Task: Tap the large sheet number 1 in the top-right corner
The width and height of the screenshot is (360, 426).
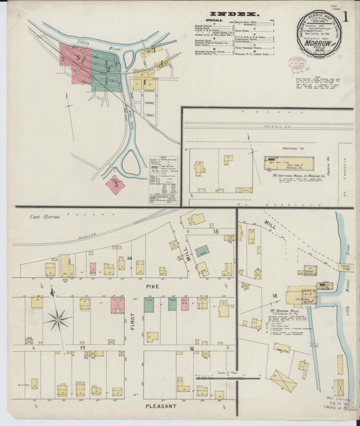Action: tap(346, 17)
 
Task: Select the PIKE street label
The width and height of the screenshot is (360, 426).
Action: tap(151, 286)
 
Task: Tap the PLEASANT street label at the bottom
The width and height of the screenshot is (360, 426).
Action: tap(160, 406)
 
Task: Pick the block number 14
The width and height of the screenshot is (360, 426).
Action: tap(128, 258)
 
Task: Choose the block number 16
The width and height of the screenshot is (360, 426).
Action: tap(191, 348)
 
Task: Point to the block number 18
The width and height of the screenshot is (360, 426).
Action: tap(275, 296)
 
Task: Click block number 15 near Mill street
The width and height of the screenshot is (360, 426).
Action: tap(216, 232)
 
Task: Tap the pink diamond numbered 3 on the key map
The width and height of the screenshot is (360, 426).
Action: tap(115, 184)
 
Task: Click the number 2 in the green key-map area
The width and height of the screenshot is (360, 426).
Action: tap(107, 68)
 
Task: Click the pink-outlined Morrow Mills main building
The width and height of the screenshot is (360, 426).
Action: tap(297, 295)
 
